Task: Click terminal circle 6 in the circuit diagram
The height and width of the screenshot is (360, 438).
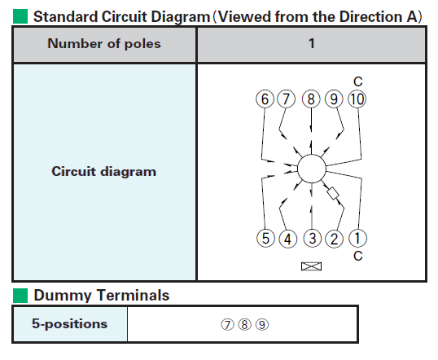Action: pyautogui.click(x=265, y=99)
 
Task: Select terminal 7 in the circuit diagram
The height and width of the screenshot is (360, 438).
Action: pyautogui.click(x=286, y=99)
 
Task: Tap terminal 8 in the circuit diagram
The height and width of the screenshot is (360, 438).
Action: pyautogui.click(x=311, y=99)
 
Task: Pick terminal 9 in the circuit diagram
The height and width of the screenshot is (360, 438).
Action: pyautogui.click(x=334, y=99)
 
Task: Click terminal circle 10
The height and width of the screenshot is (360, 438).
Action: pyautogui.click(x=357, y=99)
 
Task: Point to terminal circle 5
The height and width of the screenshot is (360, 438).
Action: pyautogui.click(x=265, y=238)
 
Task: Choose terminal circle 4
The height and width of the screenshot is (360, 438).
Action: pyautogui.click(x=288, y=239)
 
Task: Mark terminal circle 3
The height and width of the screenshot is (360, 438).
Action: pyautogui.click(x=313, y=238)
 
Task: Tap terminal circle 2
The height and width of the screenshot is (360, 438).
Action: pyautogui.click(x=335, y=239)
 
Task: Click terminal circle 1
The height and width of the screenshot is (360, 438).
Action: pyautogui.click(x=358, y=238)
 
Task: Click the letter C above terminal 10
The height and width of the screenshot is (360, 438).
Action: pyautogui.click(x=358, y=81)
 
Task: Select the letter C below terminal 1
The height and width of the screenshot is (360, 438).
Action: pyautogui.click(x=358, y=256)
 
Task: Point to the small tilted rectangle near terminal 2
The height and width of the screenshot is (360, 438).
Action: pyautogui.click(x=333, y=193)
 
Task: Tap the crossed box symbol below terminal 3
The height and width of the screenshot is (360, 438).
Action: pyautogui.click(x=312, y=266)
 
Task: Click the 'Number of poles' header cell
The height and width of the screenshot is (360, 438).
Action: pyautogui.click(x=104, y=44)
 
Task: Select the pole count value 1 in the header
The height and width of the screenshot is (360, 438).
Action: pyautogui.click(x=312, y=43)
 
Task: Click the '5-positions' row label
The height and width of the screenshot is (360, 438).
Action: pyautogui.click(x=69, y=323)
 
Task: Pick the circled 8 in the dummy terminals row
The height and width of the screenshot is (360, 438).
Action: pyautogui.click(x=245, y=324)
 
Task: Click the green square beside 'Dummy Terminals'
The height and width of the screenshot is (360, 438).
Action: pyautogui.click(x=20, y=296)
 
